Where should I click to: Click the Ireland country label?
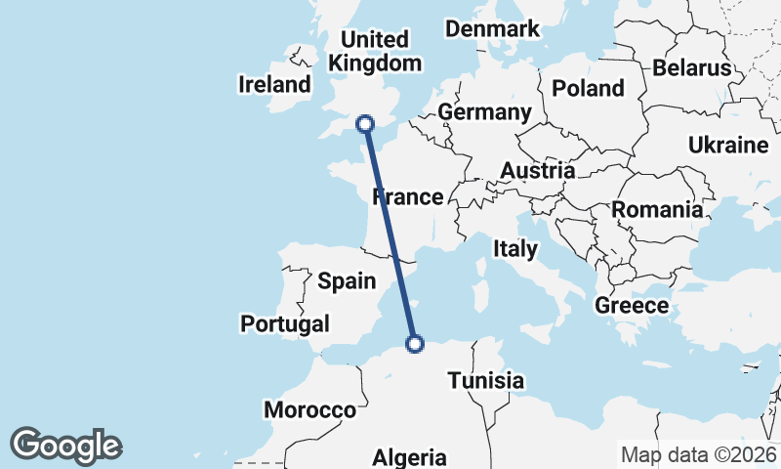pos(274,85)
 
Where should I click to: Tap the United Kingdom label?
pos(376,52)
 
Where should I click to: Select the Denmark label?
pos(492,28)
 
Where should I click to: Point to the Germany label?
pos(484,112)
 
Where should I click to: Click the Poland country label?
pos(588,88)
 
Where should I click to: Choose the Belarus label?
pos(692,67)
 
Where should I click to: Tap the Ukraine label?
pos(728,146)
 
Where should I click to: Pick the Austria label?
pos(537,171)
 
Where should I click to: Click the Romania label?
pos(657,209)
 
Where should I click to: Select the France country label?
pos(408,197)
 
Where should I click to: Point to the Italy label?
pos(514,248)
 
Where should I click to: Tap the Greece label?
pos(632,306)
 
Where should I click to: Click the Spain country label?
pos(347,281)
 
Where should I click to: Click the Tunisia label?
pos(486,380)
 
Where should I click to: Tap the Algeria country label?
pos(410,457)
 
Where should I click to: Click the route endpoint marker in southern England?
pos(365,124)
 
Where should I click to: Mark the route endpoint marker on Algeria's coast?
pos(415,344)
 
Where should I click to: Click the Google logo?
pos(65,446)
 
